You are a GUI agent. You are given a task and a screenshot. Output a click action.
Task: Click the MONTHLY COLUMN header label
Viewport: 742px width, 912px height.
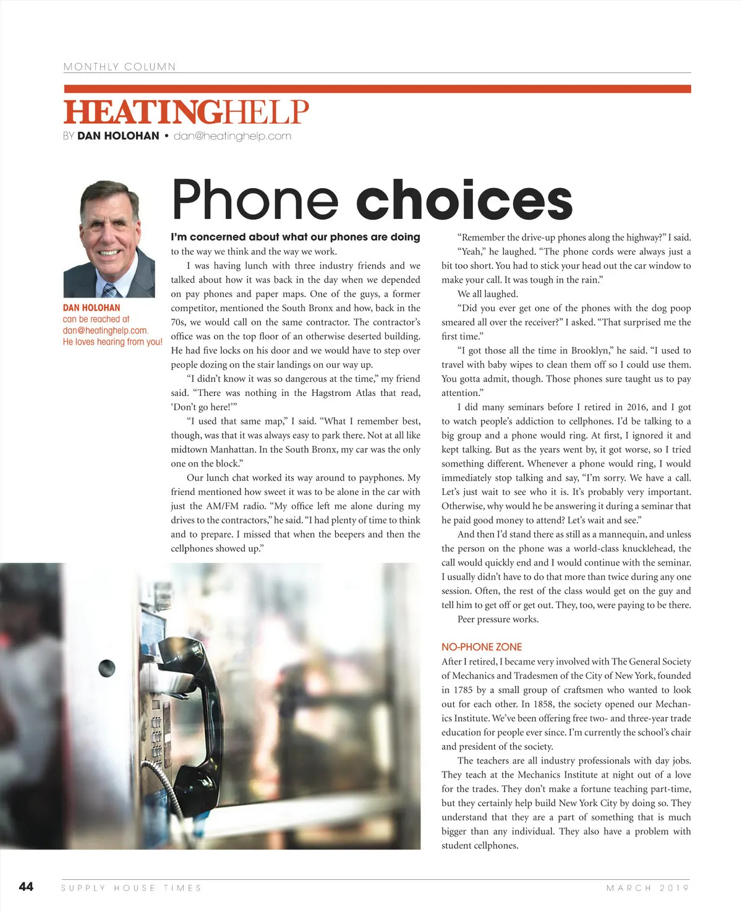pos(119,67)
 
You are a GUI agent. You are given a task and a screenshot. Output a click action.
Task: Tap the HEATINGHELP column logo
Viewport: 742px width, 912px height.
pos(185,112)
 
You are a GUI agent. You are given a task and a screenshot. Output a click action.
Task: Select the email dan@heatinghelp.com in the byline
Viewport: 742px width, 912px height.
pos(232,136)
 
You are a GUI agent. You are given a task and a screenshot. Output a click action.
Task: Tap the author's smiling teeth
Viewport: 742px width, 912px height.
pos(109,252)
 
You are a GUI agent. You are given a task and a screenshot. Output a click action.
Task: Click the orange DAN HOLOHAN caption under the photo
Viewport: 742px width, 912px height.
pos(92,308)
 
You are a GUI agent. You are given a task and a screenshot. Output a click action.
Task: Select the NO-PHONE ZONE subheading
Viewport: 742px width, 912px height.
pos(481,647)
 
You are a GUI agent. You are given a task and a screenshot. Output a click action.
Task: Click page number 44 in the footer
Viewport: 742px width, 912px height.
pos(26,887)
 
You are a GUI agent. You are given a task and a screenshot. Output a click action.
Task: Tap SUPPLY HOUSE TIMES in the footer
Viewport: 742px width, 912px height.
pos(131,888)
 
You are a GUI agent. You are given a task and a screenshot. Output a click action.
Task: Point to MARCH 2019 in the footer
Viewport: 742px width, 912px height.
pos(647,888)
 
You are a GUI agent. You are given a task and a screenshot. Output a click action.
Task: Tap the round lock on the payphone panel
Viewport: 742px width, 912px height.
pos(107,668)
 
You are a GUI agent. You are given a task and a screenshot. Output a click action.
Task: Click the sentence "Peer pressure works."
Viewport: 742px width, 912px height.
pos(498,619)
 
